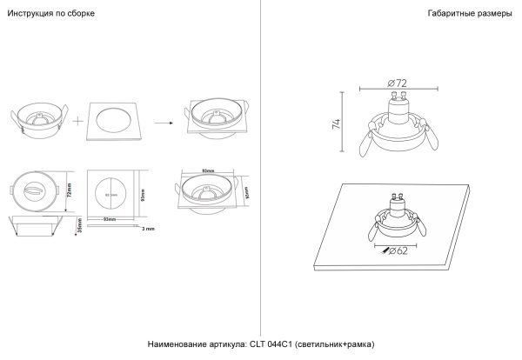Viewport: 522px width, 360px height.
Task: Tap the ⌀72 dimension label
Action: click(x=397, y=83)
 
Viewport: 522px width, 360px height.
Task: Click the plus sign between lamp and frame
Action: click(x=78, y=121)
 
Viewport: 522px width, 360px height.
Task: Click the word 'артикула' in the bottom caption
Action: click(x=212, y=345)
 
